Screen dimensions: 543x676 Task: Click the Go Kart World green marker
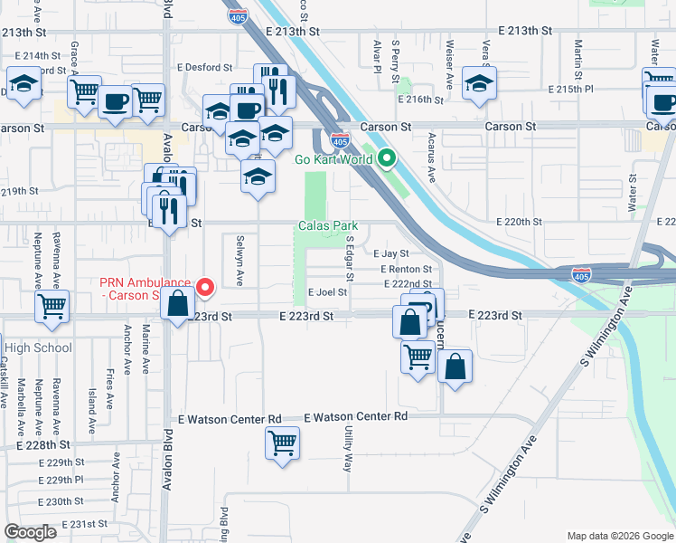(x=387, y=159)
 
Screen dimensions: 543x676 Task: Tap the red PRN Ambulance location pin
(x=205, y=289)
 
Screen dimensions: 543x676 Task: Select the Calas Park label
(x=329, y=225)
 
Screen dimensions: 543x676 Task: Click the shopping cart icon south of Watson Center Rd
(x=283, y=443)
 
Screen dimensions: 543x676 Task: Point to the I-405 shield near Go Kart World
(x=340, y=140)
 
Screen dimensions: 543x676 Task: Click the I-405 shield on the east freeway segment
(x=582, y=274)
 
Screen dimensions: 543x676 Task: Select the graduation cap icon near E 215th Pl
(x=479, y=83)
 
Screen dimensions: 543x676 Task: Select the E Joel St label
(x=327, y=292)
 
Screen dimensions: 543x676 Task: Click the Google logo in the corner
(x=30, y=532)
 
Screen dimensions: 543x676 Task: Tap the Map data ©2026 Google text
(x=619, y=536)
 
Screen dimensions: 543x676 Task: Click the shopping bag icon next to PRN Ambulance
(x=177, y=304)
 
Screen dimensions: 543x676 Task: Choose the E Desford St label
(x=205, y=66)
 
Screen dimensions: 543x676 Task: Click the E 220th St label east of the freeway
(x=519, y=222)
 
